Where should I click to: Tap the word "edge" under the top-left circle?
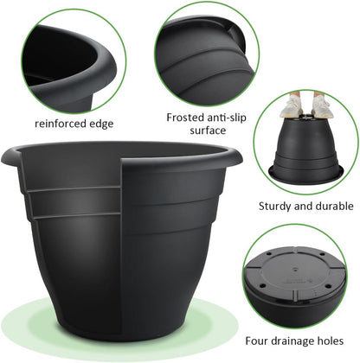101,124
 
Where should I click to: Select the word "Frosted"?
187,116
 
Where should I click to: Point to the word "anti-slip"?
229,116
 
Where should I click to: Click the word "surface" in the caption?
208,131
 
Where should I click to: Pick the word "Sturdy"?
276,206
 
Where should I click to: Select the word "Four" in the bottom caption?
258,341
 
